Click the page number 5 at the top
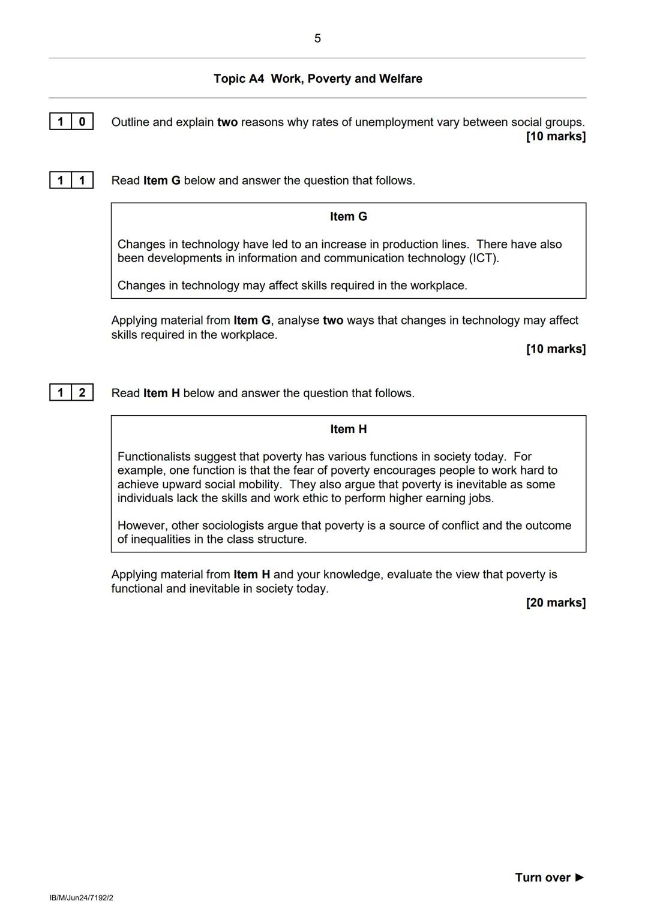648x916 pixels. coord(317,38)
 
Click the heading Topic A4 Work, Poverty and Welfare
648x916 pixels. coord(317,79)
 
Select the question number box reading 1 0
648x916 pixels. coord(71,122)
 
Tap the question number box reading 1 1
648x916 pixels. coord(71,180)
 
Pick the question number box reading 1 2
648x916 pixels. coord(71,393)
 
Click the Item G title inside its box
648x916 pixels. coord(348,217)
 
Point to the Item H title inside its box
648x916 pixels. coord(348,429)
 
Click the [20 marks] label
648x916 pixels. coord(555,602)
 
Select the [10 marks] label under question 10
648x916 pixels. coord(555,136)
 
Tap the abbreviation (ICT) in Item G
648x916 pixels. coord(484,258)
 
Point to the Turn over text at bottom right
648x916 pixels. coord(542,878)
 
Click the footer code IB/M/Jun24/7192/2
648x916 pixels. coord(81,898)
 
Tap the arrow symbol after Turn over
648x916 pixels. coord(580,878)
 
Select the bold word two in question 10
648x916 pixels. coord(227,122)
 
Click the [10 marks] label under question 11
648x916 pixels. coord(555,349)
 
